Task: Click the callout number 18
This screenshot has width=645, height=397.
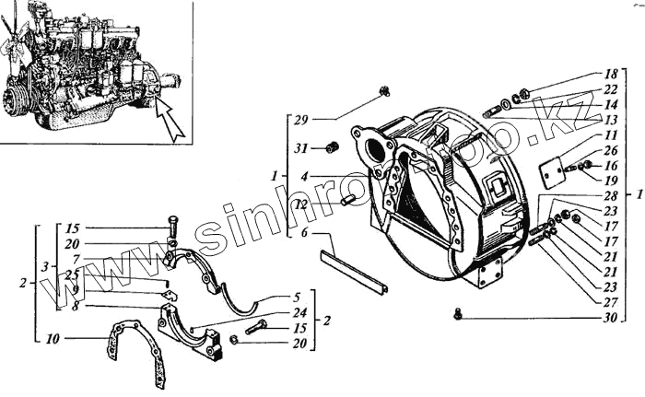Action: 611,73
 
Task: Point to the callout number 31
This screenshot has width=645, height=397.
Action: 299,148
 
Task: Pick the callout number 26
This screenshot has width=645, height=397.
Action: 611,151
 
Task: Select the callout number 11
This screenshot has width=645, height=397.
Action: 611,134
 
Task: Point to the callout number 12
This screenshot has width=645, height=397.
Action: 299,204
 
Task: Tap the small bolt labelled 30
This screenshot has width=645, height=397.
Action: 458,316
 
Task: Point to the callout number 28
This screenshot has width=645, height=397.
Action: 611,196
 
